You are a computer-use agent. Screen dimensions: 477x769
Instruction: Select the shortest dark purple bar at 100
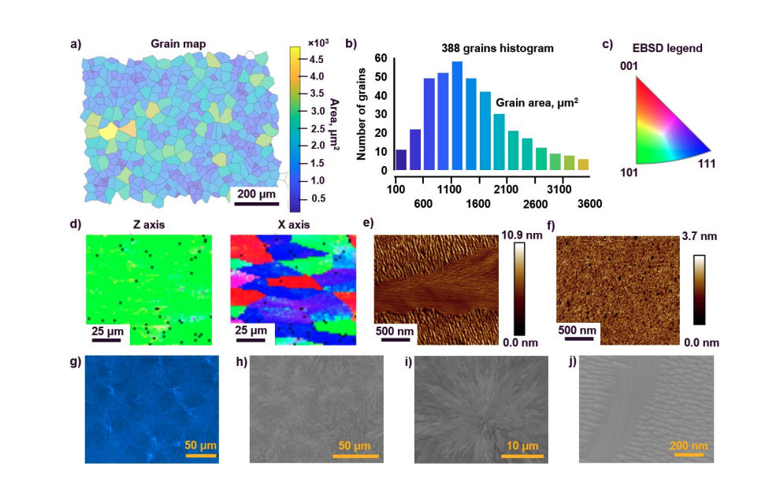coord(400,160)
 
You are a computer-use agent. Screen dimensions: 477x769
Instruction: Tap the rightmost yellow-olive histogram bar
coord(583,165)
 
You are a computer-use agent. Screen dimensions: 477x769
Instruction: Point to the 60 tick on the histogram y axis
coord(381,58)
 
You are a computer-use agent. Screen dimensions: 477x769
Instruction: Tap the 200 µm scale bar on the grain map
coord(258,202)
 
